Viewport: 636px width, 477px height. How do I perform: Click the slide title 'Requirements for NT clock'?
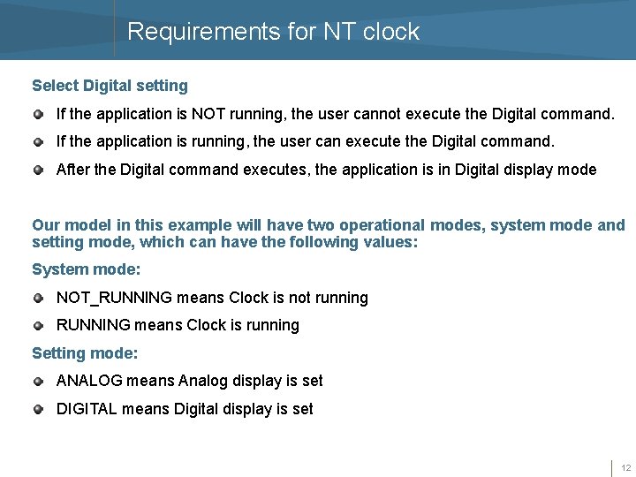[273, 32]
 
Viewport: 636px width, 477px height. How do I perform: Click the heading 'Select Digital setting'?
[110, 86]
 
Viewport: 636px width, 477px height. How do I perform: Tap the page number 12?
[625, 467]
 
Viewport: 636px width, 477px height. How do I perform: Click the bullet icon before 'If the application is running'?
[38, 141]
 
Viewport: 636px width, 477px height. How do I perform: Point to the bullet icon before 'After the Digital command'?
[38, 170]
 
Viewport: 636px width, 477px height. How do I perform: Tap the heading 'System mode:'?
[86, 269]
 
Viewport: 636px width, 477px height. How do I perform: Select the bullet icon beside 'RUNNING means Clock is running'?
[38, 326]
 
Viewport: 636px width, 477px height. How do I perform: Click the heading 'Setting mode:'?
[85, 353]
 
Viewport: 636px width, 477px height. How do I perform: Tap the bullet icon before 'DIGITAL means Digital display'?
[38, 410]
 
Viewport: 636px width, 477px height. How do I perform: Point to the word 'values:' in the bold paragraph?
[390, 242]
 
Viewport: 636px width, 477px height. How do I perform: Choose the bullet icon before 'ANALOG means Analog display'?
[38, 382]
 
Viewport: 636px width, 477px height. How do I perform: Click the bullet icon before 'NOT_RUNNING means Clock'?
[38, 299]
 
